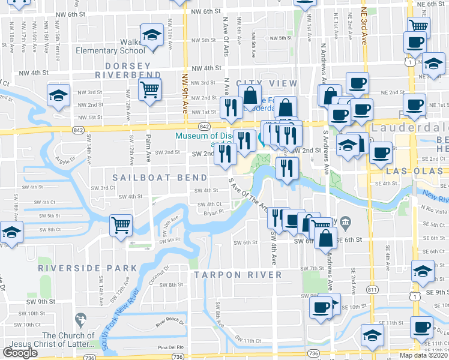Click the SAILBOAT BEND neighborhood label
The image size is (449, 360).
(x=160, y=178)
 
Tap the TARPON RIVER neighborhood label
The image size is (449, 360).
(x=238, y=275)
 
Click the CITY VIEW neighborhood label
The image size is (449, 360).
(x=267, y=83)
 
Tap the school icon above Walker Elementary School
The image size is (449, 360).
(x=152, y=35)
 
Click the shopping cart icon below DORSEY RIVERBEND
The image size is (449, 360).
(x=149, y=90)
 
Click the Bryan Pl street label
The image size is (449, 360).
(x=214, y=212)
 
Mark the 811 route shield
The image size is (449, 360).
(x=373, y=290)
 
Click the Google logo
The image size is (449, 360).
(x=20, y=353)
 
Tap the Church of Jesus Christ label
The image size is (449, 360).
(x=67, y=340)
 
